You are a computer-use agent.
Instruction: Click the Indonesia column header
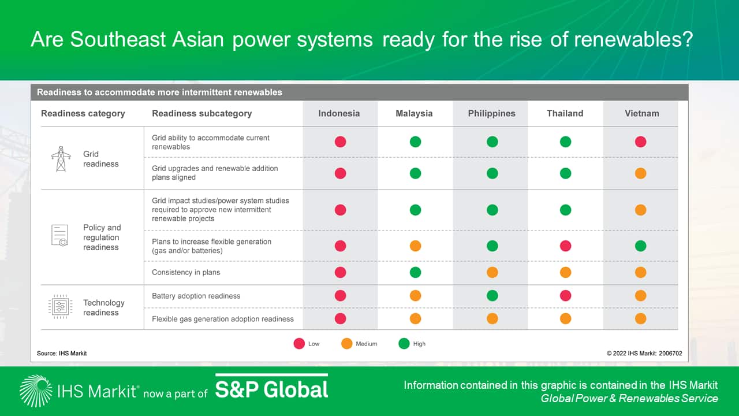(339, 113)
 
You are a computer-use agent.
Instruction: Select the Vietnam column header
(641, 113)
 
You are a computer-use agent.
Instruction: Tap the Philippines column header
(491, 113)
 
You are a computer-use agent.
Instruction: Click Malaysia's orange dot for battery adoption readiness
(415, 295)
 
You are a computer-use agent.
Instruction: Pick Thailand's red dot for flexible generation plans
(565, 246)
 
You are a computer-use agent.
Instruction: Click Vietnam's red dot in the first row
(641, 142)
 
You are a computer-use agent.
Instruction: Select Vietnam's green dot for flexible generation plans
(641, 246)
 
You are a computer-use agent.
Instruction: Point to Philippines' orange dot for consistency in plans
(492, 272)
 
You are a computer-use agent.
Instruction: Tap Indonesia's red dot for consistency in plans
(341, 272)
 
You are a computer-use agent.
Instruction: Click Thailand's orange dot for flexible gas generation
(565, 318)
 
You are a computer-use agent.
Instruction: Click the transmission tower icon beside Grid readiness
(61, 159)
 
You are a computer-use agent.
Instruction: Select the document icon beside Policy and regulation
(59, 235)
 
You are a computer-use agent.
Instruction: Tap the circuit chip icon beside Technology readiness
(60, 307)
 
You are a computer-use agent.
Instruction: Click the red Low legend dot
(299, 344)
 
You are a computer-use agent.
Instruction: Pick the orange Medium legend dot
(347, 344)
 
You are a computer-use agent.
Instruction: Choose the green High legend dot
(404, 344)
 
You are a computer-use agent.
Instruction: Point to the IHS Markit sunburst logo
(36, 391)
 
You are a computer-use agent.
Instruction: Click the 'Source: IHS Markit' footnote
(62, 353)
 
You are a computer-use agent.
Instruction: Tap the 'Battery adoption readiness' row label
(196, 296)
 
